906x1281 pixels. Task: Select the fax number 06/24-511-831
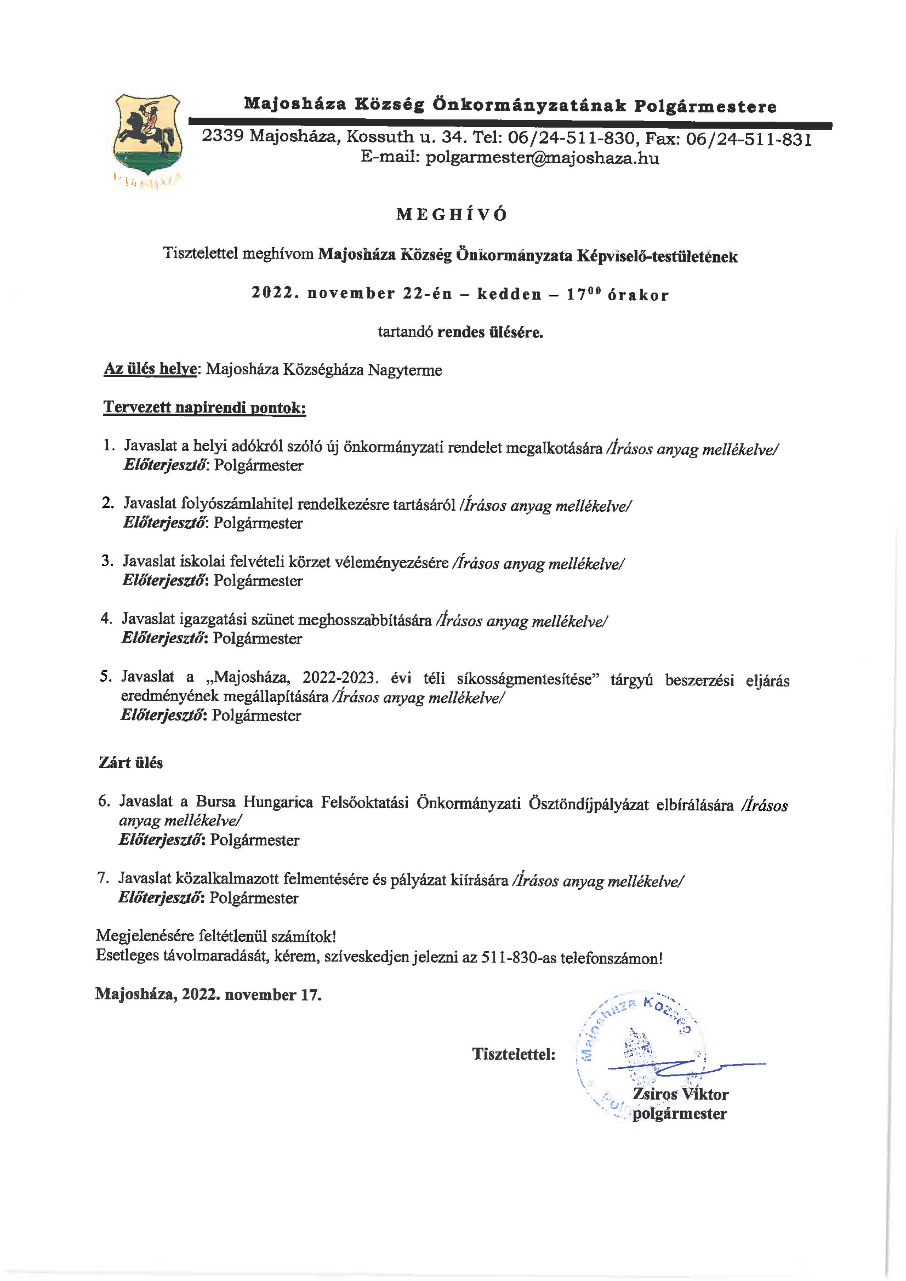(749, 139)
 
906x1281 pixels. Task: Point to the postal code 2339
(222, 136)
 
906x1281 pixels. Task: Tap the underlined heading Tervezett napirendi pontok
(205, 408)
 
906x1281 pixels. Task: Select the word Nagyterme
(404, 370)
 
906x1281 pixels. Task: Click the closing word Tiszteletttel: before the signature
(514, 1054)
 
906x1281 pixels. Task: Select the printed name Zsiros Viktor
(680, 1094)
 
